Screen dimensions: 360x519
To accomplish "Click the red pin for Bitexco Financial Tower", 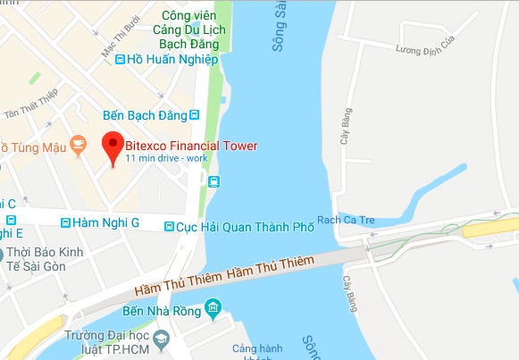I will [x=113, y=145].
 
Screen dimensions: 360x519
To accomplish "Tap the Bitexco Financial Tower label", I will [x=191, y=146].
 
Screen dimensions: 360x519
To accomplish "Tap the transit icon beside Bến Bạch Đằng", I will [x=194, y=115].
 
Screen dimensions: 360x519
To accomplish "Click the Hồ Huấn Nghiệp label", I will [x=172, y=60].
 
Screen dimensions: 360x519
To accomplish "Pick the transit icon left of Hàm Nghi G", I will [x=65, y=222].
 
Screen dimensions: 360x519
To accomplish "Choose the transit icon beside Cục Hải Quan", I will [x=170, y=228].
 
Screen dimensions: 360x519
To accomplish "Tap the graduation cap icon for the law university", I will [x=160, y=339].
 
